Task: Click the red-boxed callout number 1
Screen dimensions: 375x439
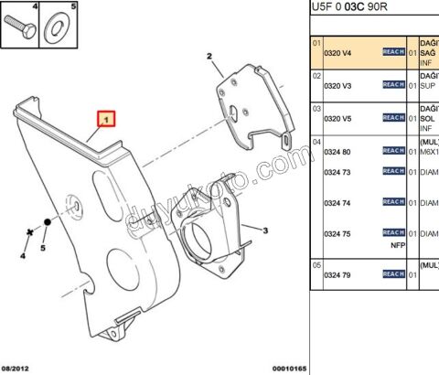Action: (107, 119)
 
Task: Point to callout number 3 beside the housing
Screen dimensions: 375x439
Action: (264, 230)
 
